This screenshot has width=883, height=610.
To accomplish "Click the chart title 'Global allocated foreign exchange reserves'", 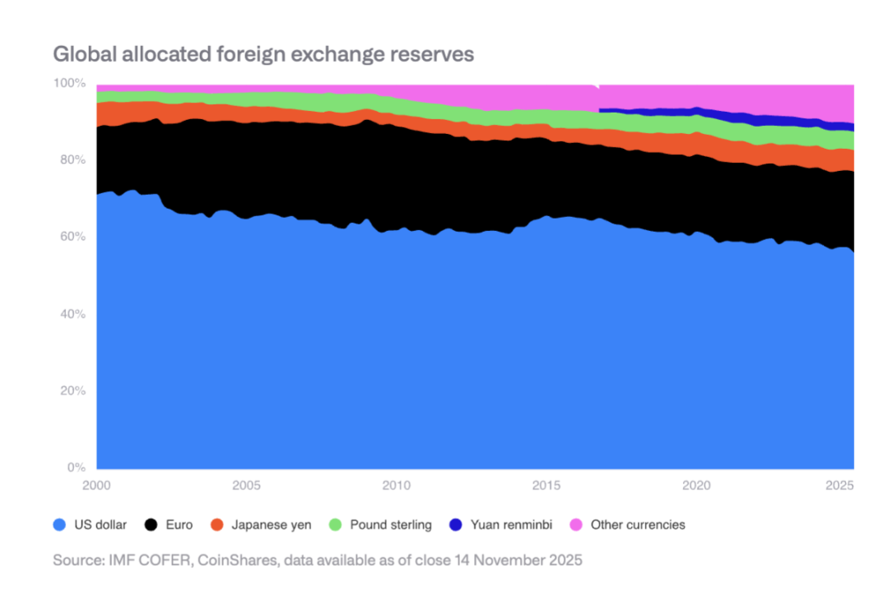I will coord(263,54).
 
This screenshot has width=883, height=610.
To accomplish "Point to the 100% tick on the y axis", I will coord(69,83).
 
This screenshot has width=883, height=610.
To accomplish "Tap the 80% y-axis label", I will coord(71,159).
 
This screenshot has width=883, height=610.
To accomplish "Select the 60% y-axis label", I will coord(71,237).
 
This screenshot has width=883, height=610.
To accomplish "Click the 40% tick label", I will coord(71,314).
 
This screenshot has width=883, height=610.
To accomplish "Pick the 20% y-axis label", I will coord(71,390).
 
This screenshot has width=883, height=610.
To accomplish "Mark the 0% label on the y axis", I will coord(74,468).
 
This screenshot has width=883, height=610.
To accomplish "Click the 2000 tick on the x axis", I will coord(96,485).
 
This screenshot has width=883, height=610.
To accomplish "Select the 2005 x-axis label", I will coord(246,485).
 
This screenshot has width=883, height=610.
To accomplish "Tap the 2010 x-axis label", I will coord(396,485).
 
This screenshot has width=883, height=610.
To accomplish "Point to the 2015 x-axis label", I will coord(546,485).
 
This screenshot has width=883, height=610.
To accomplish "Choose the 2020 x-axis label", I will coord(696,485).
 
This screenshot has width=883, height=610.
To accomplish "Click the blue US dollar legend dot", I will coord(59,525).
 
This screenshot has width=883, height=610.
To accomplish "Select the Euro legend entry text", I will coord(179,525).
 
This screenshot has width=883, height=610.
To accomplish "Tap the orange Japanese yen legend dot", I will coord(217,525).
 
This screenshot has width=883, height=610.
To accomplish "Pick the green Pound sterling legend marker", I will coord(335,525).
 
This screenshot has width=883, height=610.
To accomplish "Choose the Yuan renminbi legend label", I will coord(509,525).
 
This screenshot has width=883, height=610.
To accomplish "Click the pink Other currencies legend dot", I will coord(576,525).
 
